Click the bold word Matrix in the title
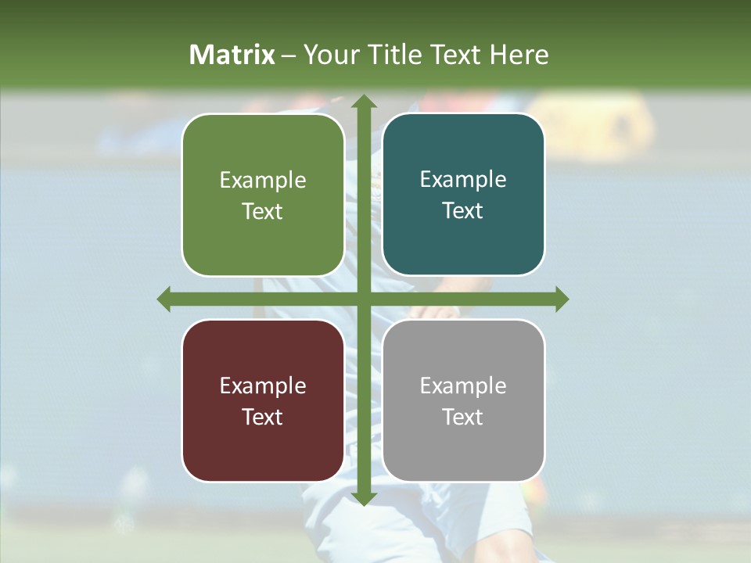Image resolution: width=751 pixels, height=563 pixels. pyautogui.click(x=232, y=55)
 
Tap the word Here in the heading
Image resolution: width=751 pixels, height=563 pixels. pyautogui.click(x=519, y=55)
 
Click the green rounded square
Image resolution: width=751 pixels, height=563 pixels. pyautogui.click(x=263, y=195)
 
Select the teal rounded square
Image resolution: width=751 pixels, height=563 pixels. pyautogui.click(x=463, y=195)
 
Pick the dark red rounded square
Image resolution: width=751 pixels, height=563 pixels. pyautogui.click(x=263, y=400)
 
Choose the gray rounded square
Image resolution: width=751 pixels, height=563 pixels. pyautogui.click(x=463, y=400)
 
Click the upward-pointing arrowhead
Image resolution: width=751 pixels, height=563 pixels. pyautogui.click(x=363, y=102)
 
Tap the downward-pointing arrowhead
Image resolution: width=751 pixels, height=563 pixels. pyautogui.click(x=363, y=498)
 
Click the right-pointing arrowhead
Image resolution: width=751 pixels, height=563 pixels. pyautogui.click(x=561, y=299)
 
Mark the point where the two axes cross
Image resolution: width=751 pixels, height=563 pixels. pyautogui.click(x=363, y=299)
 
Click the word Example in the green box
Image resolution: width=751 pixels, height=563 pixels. pyautogui.click(x=263, y=180)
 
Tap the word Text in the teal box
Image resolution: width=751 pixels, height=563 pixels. pyautogui.click(x=463, y=210)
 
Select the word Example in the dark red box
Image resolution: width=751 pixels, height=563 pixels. pyautogui.click(x=263, y=385)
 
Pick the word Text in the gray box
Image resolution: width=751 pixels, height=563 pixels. pyautogui.click(x=463, y=417)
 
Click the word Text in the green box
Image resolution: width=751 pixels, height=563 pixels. pyautogui.click(x=263, y=211)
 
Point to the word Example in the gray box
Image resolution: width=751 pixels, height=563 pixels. pyautogui.click(x=463, y=385)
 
